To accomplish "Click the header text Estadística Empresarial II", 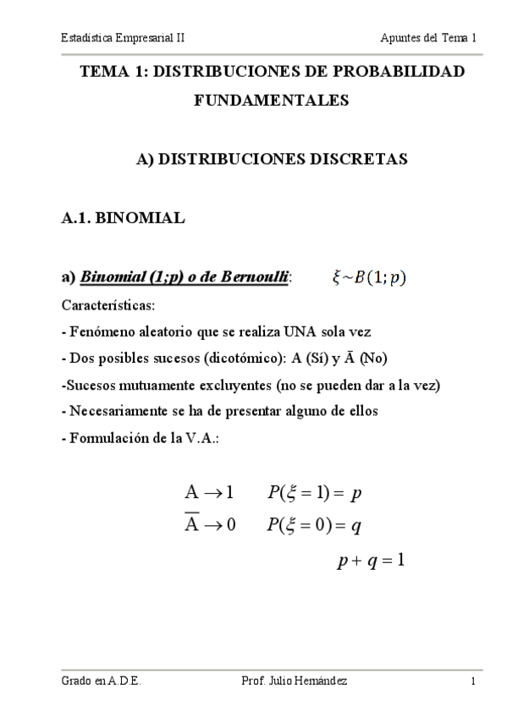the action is click(x=123, y=38).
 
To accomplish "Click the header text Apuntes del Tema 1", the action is click(x=428, y=38).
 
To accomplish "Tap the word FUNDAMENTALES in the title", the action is click(x=271, y=101).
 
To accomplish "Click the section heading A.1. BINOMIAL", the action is click(x=123, y=218).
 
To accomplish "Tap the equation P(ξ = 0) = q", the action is click(x=314, y=526).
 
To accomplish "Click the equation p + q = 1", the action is click(x=370, y=560).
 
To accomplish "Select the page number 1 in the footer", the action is click(x=474, y=681).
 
